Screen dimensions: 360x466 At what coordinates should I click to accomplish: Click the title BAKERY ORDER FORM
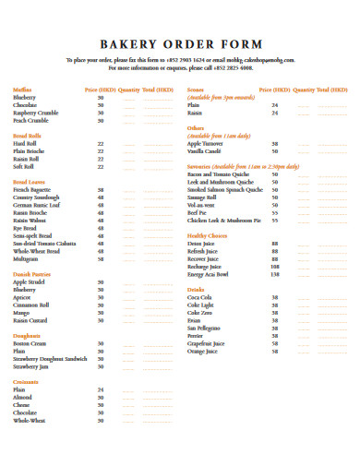coord(180,44)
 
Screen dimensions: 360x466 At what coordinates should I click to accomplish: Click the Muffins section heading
coord(23,90)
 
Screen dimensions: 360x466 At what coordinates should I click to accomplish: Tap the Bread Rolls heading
coord(28,136)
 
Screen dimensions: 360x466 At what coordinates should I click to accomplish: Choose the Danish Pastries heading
coord(31,274)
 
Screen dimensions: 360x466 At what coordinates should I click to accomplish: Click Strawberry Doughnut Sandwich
coord(50,358)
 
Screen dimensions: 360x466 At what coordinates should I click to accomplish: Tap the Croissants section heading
coord(27,381)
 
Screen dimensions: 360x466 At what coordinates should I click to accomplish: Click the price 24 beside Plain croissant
coord(101,389)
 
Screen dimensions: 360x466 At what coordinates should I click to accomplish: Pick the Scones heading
coord(195,90)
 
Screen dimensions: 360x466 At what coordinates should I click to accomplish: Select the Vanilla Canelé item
coord(206,150)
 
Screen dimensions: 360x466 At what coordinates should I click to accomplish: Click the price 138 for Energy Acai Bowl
coord(274,274)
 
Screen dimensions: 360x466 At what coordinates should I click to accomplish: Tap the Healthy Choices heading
coord(209,236)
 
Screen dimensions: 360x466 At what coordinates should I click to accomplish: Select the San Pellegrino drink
coord(205,328)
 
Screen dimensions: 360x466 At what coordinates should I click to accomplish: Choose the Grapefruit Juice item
coord(207,343)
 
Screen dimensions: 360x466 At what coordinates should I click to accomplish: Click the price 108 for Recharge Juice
coord(274,267)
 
